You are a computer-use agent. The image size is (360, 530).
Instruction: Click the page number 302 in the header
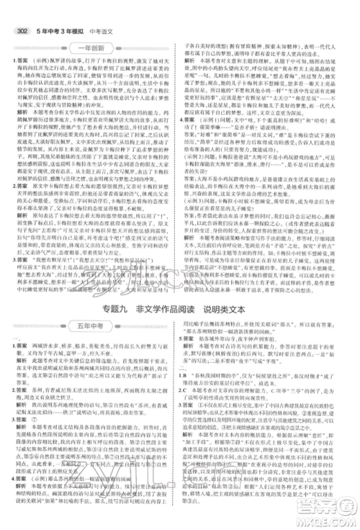coord(16,9)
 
